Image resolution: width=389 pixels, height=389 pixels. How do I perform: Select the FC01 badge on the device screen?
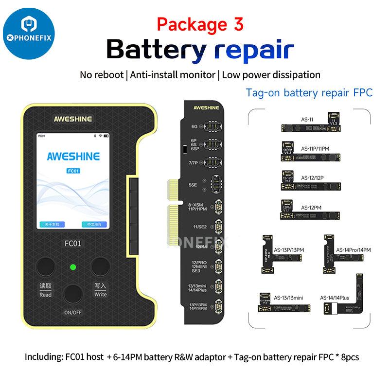tap(73, 171)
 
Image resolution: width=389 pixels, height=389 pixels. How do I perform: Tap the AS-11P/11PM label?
tap(317, 148)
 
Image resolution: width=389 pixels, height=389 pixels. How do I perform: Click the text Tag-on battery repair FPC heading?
tap(309, 92)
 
